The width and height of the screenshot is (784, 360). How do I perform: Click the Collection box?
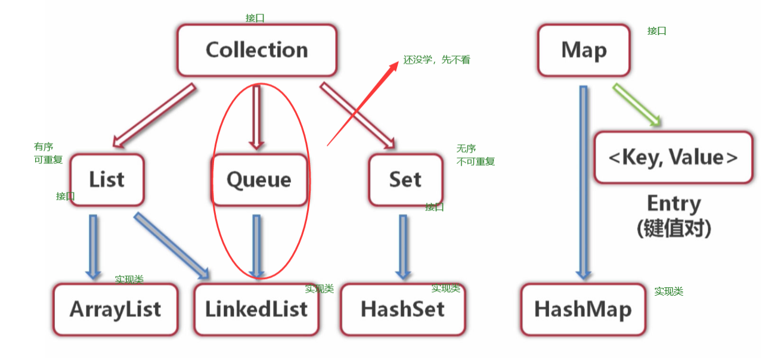pyautogui.click(x=256, y=50)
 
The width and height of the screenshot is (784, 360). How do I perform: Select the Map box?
pyautogui.click(x=584, y=50)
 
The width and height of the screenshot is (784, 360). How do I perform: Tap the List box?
pyautogui.click(x=107, y=179)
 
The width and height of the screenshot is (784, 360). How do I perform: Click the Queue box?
pyautogui.click(x=259, y=179)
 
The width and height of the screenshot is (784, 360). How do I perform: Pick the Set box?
pyautogui.click(x=405, y=179)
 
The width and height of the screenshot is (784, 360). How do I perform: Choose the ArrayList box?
pyautogui.click(x=115, y=309)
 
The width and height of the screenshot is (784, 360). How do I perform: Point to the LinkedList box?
pyautogui.click(x=256, y=309)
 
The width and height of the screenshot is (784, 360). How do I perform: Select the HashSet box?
pyautogui.click(x=402, y=309)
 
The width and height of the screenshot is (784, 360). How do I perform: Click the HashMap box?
pyautogui.click(x=582, y=309)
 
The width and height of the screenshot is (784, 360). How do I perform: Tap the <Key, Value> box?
pyautogui.click(x=673, y=157)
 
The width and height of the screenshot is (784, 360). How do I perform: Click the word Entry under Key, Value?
pyautogui.click(x=674, y=204)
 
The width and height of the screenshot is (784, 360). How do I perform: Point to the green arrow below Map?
pyautogui.click(x=637, y=105)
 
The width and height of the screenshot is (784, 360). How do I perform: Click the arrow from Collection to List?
pyautogui.click(x=154, y=116)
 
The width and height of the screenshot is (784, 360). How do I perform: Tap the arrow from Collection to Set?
pyautogui.click(x=358, y=116)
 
